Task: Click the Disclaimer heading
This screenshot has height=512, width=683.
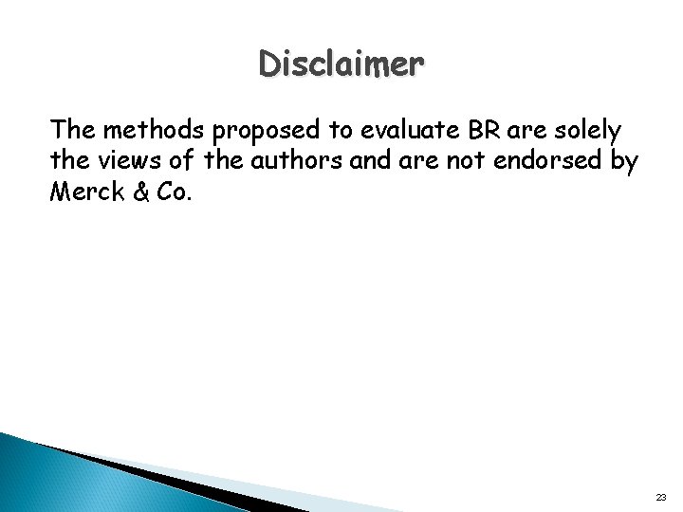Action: pyautogui.click(x=341, y=66)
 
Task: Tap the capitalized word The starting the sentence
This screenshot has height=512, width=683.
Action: pyautogui.click(x=73, y=128)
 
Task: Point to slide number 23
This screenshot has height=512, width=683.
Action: pyautogui.click(x=660, y=496)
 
